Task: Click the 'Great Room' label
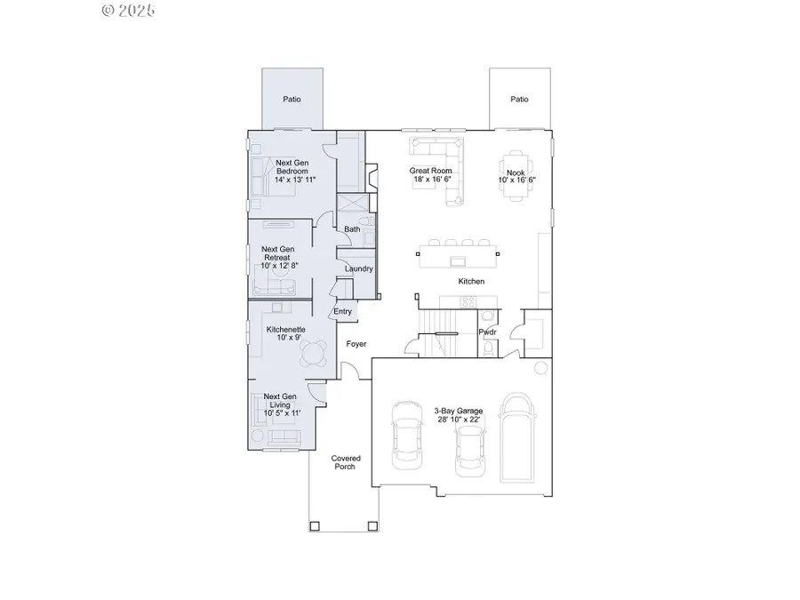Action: pos(430,171)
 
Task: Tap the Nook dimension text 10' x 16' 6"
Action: pos(516,180)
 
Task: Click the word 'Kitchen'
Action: pos(471,281)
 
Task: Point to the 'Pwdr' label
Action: pos(487,332)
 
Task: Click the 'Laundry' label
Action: pos(358,268)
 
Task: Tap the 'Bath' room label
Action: pos(352,229)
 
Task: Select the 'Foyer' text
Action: pos(356,344)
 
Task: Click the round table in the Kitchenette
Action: pos(312,355)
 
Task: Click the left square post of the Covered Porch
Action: pos(315,526)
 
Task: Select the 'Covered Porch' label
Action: pos(346,462)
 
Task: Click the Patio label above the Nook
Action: pos(519,100)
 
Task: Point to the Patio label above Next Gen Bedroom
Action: pos(292,100)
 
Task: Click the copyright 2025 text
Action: pos(129,11)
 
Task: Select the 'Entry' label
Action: pos(342,311)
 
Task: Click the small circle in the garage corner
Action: pos(540,368)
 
